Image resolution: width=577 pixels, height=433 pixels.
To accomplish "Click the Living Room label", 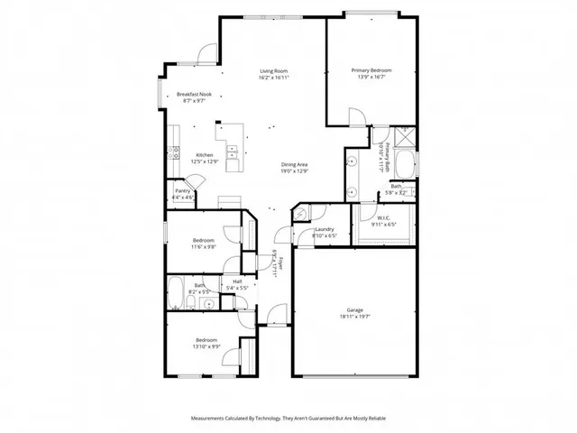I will [274, 70].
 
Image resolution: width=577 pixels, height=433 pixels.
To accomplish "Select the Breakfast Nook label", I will [194, 95].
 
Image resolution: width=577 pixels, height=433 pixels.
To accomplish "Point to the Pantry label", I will [181, 190].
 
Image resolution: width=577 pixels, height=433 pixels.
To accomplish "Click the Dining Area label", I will [295, 164].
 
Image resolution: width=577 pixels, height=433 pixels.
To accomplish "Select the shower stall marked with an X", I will [404, 137].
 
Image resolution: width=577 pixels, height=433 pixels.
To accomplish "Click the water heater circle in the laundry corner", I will [303, 213].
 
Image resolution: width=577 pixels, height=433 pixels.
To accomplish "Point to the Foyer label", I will [280, 263].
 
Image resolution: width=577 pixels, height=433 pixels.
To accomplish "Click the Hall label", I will [237, 281].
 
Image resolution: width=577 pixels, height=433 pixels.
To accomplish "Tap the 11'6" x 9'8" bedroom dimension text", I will [203, 247].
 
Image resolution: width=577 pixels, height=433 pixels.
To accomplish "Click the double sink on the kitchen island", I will [233, 154].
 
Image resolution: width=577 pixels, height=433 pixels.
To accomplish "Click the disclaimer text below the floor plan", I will [288, 419].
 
